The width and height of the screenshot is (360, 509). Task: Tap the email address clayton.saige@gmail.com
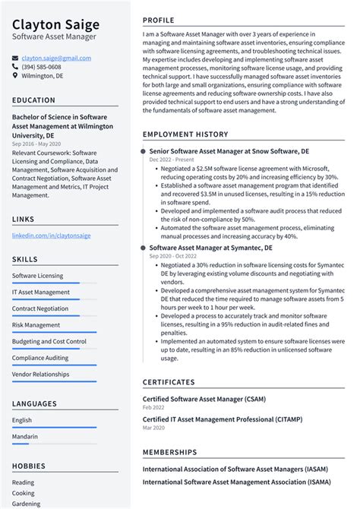tap(56, 58)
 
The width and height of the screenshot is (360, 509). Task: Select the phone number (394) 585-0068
tap(46, 67)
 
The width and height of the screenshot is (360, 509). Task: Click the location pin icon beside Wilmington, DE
tap(15, 76)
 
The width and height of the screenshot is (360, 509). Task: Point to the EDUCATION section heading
tap(33, 100)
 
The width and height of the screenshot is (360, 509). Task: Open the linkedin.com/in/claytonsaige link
tap(51, 236)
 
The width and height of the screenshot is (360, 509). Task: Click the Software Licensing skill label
tap(38, 276)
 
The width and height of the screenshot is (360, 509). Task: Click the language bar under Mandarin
tap(54, 444)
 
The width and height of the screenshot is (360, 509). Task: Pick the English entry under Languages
tap(22, 420)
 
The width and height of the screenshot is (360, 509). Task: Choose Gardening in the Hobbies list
tap(26, 504)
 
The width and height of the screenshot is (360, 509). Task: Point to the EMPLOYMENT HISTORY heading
tap(185, 134)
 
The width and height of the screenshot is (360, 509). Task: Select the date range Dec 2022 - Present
tap(171, 160)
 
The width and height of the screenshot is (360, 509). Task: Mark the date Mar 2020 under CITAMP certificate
tap(156, 428)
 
